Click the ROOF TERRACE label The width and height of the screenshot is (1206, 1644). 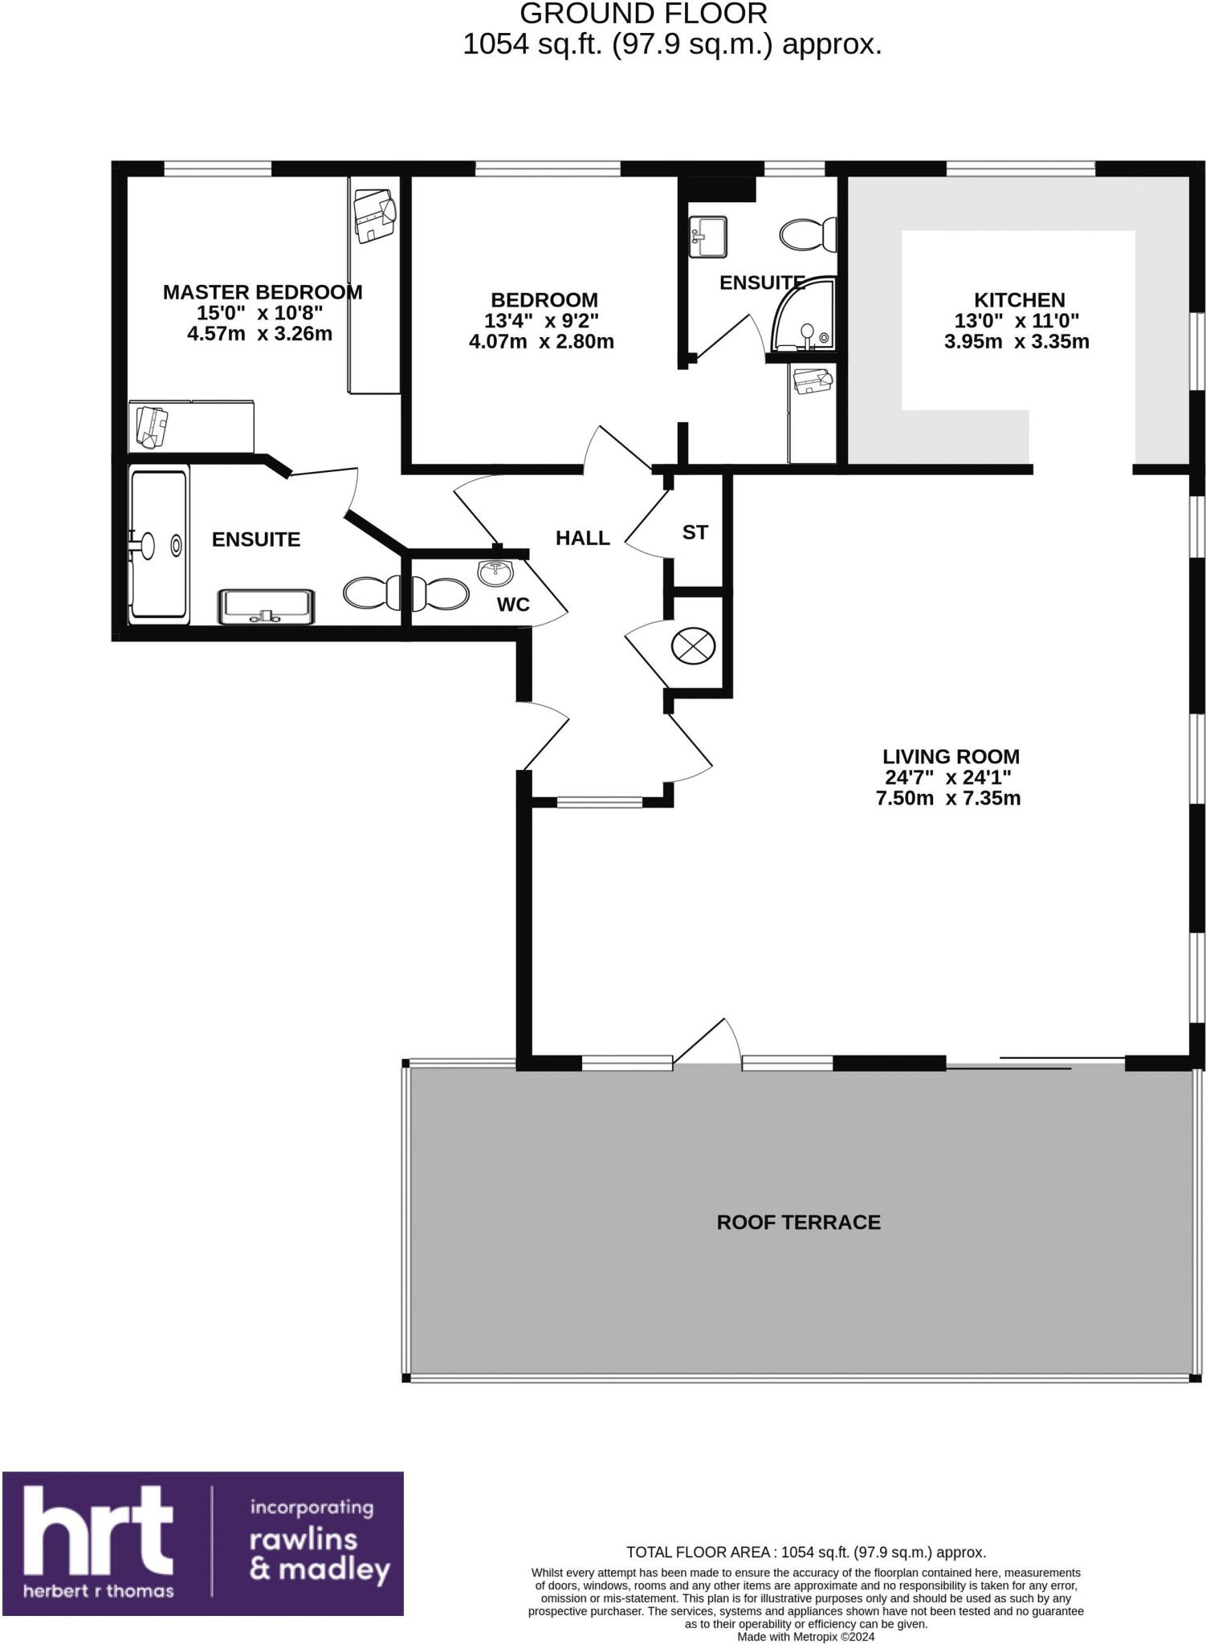click(798, 1222)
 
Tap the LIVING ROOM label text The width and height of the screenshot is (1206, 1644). click(951, 756)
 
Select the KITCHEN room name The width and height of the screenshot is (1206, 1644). click(1019, 299)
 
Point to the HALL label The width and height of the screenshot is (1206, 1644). click(583, 538)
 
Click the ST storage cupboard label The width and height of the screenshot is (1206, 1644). click(695, 532)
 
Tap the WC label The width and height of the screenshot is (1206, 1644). click(513, 604)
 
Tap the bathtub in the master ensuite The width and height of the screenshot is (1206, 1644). click(159, 546)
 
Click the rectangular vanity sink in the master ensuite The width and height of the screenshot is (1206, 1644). click(267, 606)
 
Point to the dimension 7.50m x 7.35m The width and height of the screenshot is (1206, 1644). click(948, 798)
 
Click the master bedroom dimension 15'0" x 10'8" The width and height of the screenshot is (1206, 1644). click(260, 313)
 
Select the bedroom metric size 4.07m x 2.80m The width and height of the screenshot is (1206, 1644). click(541, 342)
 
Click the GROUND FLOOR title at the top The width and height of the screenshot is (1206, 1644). click(644, 14)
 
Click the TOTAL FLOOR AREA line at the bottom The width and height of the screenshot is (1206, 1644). click(805, 1552)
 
